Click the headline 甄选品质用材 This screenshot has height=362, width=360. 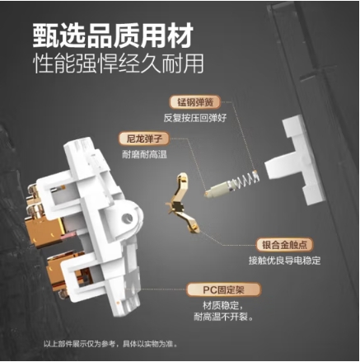[113, 35]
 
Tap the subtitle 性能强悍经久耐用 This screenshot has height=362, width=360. [119, 63]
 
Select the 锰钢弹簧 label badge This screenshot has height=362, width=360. [195, 102]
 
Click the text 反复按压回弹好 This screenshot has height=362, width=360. [195, 118]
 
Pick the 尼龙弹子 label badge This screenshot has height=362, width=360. [144, 139]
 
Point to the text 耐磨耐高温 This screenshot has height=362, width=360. [144, 154]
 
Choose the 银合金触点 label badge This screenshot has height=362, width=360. [284, 245]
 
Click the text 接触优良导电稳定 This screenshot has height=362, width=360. [284, 261]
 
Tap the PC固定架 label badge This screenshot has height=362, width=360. [223, 290]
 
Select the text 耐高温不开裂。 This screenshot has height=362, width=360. [223, 317]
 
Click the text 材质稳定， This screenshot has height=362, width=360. [223, 305]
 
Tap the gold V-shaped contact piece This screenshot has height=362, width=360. [181, 203]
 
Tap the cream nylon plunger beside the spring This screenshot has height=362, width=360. [220, 189]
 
